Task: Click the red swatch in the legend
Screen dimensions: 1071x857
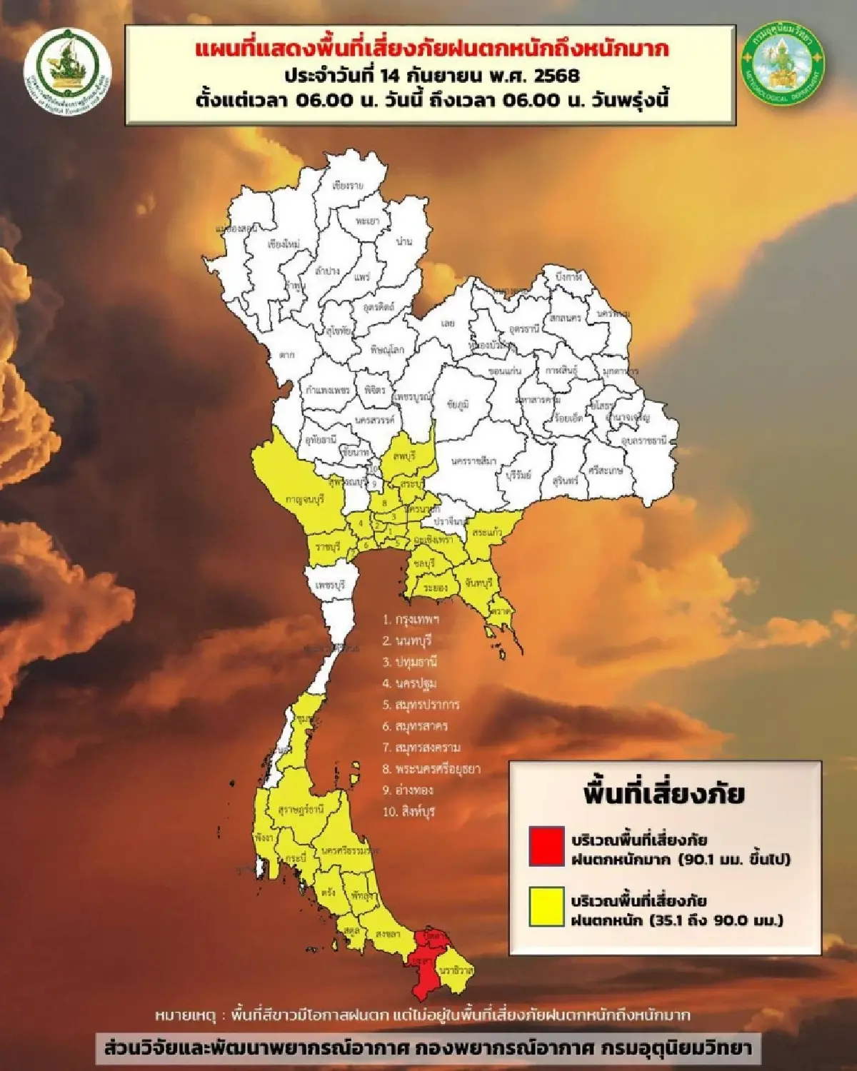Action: [x=546, y=847]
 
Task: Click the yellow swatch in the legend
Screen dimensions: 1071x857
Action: [x=546, y=907]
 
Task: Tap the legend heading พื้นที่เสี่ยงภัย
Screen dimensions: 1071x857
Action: [x=664, y=793]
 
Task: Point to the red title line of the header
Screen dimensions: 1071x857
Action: [x=431, y=49]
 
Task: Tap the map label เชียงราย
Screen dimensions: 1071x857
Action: [x=348, y=186]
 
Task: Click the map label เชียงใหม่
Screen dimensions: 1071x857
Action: [x=283, y=244]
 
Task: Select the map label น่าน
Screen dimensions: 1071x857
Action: [x=404, y=241]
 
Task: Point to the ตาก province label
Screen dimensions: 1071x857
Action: [x=287, y=354]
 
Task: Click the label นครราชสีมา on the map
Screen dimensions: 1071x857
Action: [x=473, y=461]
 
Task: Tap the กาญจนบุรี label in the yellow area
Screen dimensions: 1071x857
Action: [x=304, y=500]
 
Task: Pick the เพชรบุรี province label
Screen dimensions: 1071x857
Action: [x=330, y=585]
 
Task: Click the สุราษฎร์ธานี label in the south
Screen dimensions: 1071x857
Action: [x=301, y=810]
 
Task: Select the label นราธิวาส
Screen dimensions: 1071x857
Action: [x=456, y=970]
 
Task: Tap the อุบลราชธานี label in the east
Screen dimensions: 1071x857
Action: [x=643, y=441]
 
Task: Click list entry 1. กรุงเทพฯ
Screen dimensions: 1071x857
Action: [x=411, y=619]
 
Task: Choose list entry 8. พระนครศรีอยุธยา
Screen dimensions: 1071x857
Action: [x=431, y=769]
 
